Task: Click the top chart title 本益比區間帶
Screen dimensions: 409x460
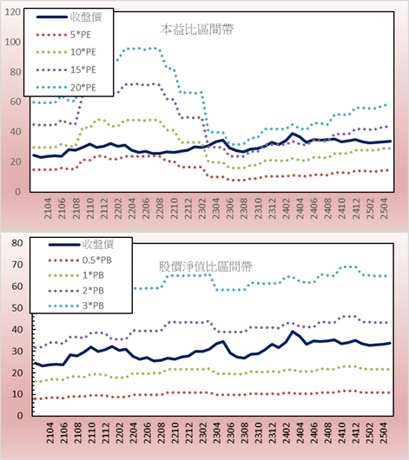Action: [197, 30]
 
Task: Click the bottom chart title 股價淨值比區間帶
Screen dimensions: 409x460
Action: [205, 266]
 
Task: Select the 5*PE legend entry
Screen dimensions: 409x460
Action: [63, 35]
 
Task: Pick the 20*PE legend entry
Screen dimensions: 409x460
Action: [66, 88]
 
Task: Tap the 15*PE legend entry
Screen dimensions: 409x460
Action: [66, 69]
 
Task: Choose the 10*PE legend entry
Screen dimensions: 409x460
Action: [66, 52]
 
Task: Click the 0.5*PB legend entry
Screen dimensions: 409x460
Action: [80, 260]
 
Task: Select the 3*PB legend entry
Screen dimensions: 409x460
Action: [76, 306]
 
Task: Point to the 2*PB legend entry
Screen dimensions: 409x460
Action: [76, 291]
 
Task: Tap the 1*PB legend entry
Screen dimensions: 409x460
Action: [76, 275]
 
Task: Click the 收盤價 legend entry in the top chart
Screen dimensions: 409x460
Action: [69, 17]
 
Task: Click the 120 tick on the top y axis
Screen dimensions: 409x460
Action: [13, 12]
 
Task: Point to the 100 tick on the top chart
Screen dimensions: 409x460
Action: [13, 42]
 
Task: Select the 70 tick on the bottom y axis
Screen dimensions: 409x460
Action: [17, 265]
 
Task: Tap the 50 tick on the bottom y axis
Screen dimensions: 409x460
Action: [17, 308]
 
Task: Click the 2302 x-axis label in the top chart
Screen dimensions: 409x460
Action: [202, 208]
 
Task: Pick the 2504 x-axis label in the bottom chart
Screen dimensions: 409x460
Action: [384, 433]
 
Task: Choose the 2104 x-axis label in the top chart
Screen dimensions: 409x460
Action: [48, 208]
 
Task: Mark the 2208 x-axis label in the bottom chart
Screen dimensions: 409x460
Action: [161, 433]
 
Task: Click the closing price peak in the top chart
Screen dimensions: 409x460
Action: [292, 134]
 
